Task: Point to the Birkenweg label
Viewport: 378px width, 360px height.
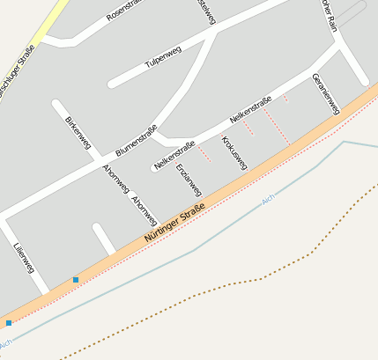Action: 78,131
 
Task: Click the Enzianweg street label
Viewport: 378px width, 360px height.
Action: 189,180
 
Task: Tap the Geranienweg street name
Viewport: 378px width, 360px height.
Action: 325,93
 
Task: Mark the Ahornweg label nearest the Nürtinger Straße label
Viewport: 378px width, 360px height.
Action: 144,210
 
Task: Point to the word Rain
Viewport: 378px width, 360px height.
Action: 330,12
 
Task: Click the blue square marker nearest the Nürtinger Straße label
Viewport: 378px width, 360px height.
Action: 76,280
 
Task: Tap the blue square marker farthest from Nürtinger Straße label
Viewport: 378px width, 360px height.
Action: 9,324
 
